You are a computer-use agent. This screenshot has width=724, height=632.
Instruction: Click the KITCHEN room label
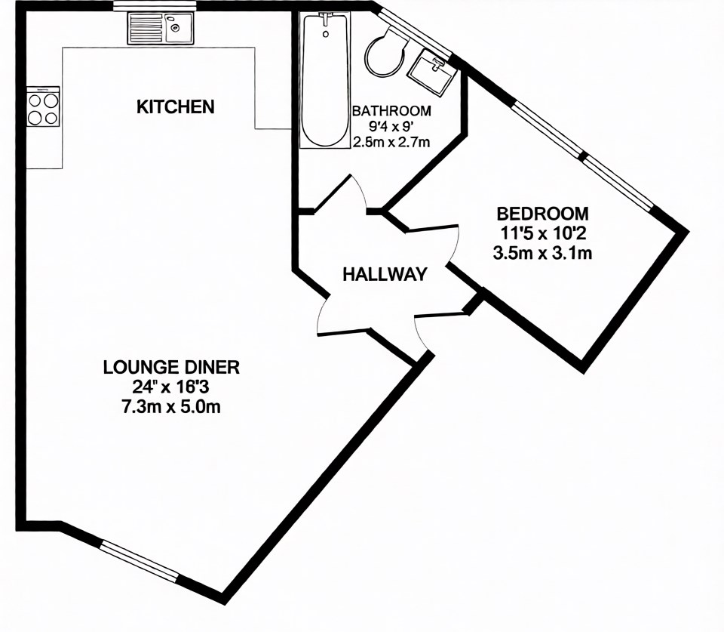[175, 107]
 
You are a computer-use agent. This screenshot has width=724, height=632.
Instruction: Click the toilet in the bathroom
[385, 51]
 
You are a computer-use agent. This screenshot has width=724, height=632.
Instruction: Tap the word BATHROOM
[391, 110]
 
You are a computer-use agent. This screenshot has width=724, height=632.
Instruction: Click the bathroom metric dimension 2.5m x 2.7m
[391, 142]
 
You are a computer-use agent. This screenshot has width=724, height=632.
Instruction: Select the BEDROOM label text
[541, 214]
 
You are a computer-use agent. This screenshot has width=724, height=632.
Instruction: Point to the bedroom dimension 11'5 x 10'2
[541, 233]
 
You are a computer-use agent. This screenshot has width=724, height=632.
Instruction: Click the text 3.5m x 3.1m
[541, 254]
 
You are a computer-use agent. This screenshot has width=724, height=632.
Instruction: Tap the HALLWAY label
[385, 275]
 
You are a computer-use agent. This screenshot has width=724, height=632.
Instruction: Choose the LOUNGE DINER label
[171, 368]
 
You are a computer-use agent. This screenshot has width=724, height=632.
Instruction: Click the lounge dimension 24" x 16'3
[171, 387]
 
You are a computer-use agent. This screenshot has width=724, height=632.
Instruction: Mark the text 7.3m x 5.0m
[171, 408]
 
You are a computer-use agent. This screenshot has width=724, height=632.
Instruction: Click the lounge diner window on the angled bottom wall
[140, 560]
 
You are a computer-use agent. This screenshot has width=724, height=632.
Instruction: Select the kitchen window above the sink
[155, 7]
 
